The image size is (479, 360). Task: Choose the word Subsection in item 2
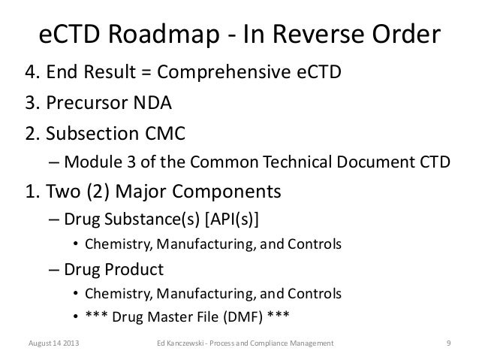(x=95, y=132)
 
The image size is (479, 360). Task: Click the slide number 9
(x=447, y=345)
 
